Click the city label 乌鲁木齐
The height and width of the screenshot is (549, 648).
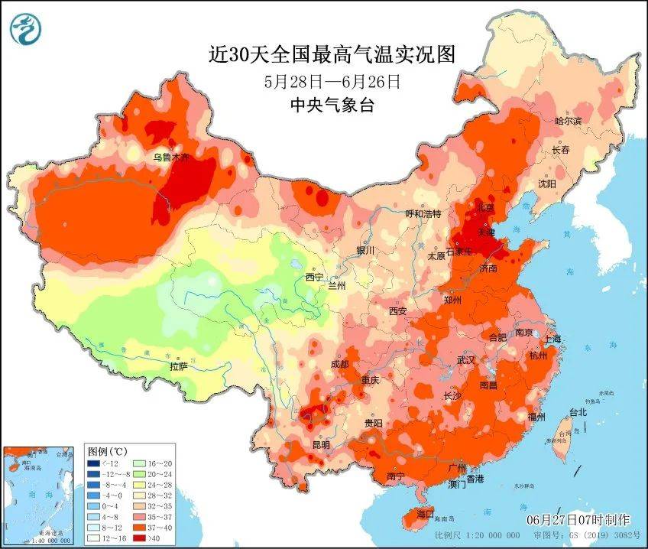pyautogui.click(x=170, y=158)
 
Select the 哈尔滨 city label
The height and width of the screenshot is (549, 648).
pyautogui.click(x=568, y=121)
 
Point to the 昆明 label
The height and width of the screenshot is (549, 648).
pyautogui.click(x=321, y=444)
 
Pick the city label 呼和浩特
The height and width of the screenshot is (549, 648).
pyautogui.click(x=423, y=214)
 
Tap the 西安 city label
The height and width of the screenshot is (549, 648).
pyautogui.click(x=398, y=310)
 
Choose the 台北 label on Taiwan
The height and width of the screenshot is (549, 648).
pyautogui.click(x=578, y=412)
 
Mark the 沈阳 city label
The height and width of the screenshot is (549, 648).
pyautogui.click(x=547, y=184)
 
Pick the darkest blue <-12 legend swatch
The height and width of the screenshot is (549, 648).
pyautogui.click(x=93, y=463)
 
